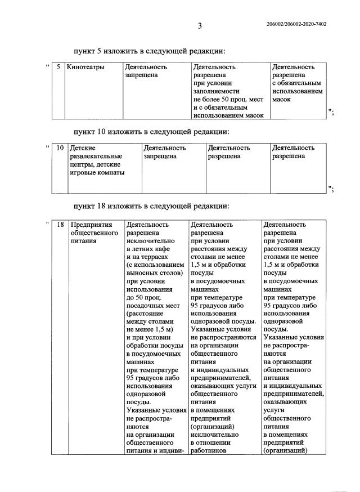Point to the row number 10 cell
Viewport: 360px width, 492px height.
tap(60, 148)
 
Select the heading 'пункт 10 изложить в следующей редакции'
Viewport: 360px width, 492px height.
tap(151, 132)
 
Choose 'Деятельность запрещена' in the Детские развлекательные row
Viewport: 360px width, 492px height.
tap(165, 152)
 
